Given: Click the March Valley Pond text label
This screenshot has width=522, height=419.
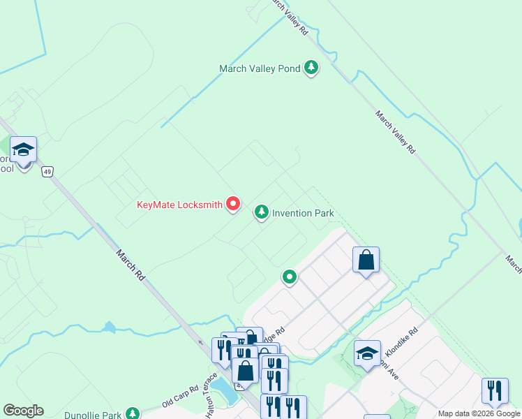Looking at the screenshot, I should click(x=260, y=68).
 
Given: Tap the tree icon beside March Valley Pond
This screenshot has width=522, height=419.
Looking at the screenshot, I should click(x=311, y=68).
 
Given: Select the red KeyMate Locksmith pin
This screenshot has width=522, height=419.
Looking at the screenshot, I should click(x=232, y=204).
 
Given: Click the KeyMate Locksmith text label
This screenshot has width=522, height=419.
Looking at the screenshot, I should click(x=179, y=205).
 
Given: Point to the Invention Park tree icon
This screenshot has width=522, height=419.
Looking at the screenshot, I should click(x=262, y=212).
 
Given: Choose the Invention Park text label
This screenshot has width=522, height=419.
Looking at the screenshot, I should click(x=303, y=213).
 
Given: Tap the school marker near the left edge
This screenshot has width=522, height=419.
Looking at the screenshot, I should click(x=24, y=150).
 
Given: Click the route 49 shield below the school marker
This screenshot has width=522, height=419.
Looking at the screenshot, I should click(x=47, y=171).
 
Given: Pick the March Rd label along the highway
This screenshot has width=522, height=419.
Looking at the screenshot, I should click(x=130, y=265).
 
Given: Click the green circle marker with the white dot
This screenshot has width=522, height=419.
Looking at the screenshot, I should click(x=290, y=278).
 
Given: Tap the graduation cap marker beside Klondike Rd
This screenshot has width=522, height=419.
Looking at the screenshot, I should click(x=367, y=353).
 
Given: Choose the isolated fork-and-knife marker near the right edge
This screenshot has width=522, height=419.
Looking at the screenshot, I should click(x=495, y=390).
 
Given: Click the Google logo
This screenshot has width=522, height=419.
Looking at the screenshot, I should click(x=23, y=411).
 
